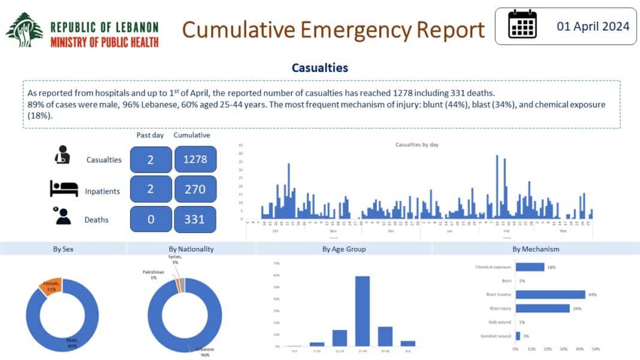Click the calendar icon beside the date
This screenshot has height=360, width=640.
[521, 26]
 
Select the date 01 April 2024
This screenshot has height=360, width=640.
[593, 26]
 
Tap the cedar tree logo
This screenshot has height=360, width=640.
[25, 31]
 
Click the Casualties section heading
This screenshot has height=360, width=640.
[319, 68]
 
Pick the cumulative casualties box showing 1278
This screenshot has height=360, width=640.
[195, 160]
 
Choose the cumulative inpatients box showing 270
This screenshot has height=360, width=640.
[195, 189]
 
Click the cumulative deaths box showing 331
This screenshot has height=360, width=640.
[195, 219]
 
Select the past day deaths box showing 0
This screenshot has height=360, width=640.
[150, 219]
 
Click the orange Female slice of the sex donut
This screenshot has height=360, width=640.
[49, 288]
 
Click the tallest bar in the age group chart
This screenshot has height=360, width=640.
[362, 311]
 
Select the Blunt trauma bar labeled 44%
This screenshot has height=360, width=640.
[550, 294]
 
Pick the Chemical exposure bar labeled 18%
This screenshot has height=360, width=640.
[530, 267]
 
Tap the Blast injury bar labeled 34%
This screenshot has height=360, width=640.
[542, 308]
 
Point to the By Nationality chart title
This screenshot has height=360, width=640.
[192, 249]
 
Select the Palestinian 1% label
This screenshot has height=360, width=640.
[153, 274]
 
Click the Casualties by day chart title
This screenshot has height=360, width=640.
[417, 145]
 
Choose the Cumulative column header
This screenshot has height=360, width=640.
[192, 135]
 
